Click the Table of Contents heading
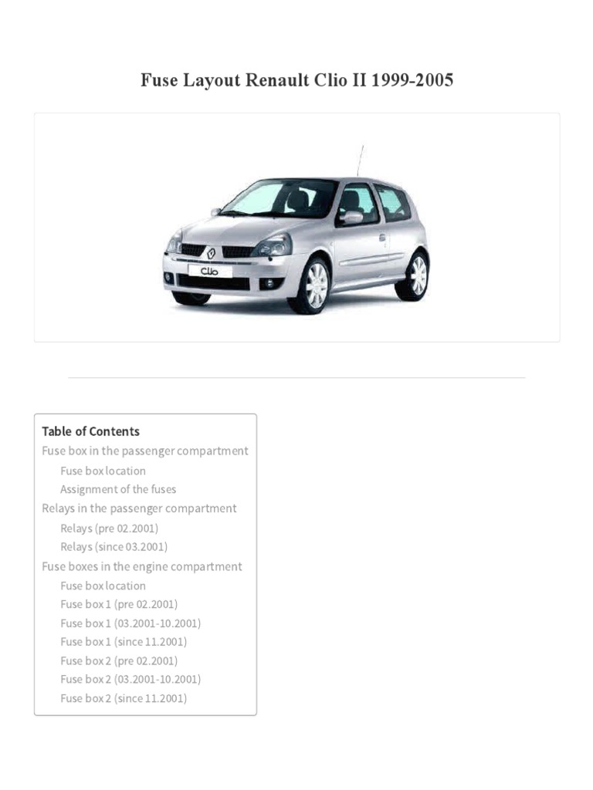(x=90, y=431)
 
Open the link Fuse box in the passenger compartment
(x=145, y=451)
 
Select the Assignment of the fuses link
(x=118, y=489)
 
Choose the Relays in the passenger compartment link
(x=139, y=508)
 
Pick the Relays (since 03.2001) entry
(x=114, y=547)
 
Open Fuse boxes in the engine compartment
(x=142, y=566)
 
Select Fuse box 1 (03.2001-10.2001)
(x=130, y=623)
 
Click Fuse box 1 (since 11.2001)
(x=124, y=642)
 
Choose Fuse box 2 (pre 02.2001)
(x=119, y=660)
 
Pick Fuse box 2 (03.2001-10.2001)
(x=130, y=680)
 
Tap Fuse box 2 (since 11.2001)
(x=124, y=698)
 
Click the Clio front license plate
(x=209, y=272)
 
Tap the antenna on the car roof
(x=360, y=160)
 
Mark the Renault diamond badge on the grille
(x=211, y=252)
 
